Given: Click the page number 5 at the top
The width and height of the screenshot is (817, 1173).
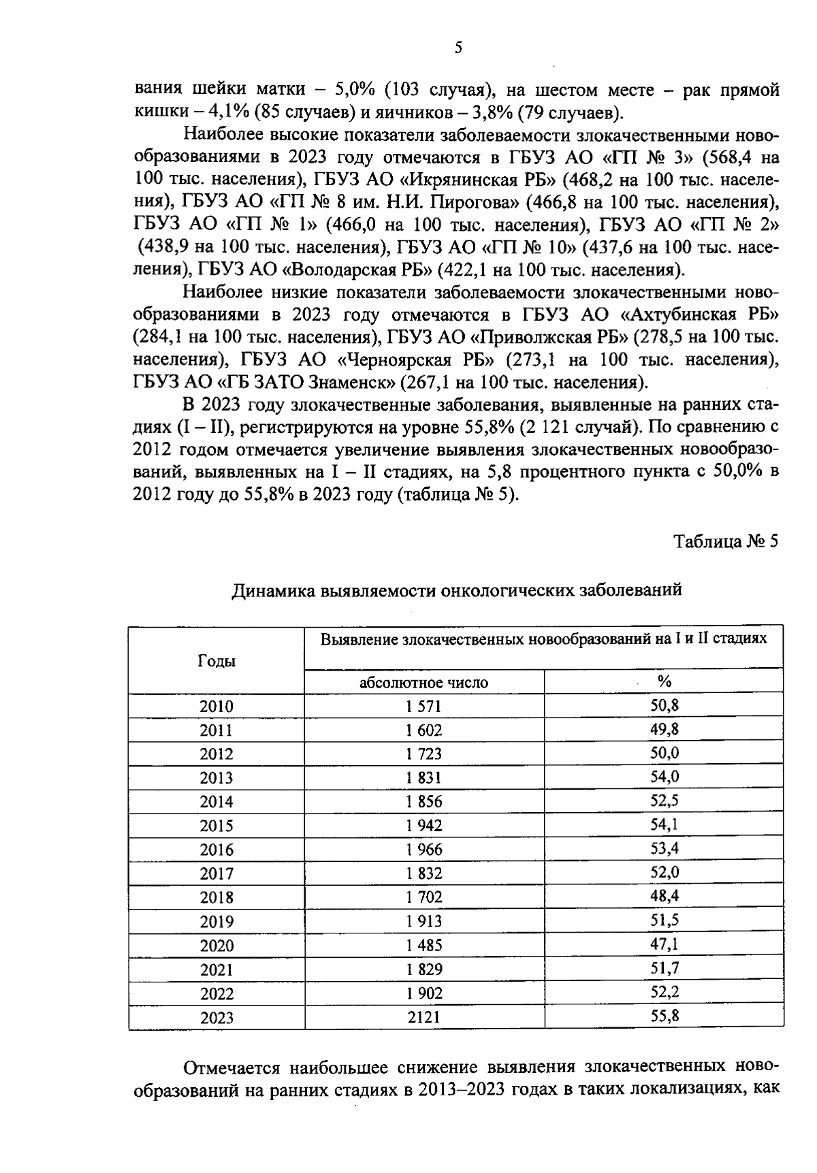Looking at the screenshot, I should coord(458,47).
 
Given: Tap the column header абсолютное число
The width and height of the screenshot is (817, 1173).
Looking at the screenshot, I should coord(423,682).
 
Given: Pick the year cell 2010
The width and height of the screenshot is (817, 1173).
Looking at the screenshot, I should coord(217,707).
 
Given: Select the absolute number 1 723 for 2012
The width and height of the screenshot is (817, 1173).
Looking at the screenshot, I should coord(423,754).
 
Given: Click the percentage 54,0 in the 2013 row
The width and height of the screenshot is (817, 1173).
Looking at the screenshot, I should coord(664,777).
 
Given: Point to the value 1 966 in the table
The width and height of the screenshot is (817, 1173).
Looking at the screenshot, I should coord(423,850).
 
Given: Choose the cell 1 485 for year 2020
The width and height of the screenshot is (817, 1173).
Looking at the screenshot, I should coord(423,946).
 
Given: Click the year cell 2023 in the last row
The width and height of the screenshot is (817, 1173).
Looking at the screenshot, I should coord(217,1018).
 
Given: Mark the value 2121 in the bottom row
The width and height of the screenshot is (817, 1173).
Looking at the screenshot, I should coord(423,1018).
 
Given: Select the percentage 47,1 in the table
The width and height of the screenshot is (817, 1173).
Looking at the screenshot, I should coord(664,944).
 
